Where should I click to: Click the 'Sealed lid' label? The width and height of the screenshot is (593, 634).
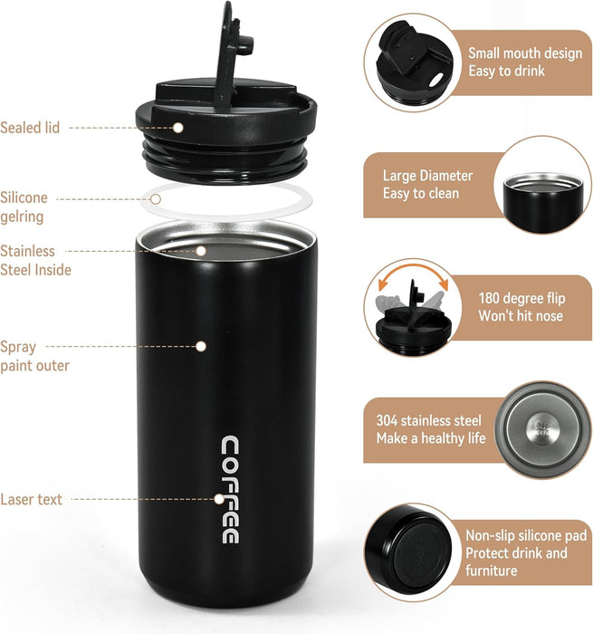click(30, 128)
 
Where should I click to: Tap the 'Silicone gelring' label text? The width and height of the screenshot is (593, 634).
click(24, 207)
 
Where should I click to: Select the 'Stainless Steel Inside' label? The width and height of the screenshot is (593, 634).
click(35, 261)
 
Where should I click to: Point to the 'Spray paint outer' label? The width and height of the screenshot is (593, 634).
click(34, 356)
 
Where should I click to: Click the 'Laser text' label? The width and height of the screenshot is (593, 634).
click(31, 499)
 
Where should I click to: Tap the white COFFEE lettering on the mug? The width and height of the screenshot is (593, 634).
click(230, 490)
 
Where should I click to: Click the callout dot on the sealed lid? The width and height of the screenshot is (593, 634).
click(177, 128)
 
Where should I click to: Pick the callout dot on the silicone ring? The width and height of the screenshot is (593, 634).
click(156, 199)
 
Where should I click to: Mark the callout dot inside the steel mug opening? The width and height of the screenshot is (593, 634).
click(201, 251)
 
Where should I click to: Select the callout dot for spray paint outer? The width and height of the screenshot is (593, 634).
click(201, 347)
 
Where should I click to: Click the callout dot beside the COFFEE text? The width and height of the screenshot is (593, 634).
click(219, 499)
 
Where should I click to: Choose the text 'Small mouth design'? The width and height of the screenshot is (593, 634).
click(525, 53)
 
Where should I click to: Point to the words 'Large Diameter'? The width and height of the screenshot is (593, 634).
click(427, 176)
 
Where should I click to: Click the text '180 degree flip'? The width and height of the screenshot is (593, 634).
click(521, 298)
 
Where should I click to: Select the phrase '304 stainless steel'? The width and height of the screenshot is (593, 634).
click(429, 420)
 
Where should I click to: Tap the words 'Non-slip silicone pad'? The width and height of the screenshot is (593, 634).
click(526, 535)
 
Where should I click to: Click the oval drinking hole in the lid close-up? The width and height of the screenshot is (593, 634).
click(436, 80)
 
